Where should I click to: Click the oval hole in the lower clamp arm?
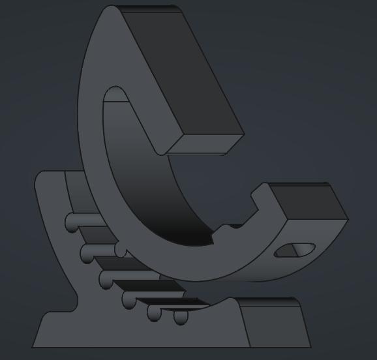(294, 250)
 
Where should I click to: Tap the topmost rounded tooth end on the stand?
(71, 224)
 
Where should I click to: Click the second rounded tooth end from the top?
(87, 252)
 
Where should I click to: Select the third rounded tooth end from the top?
(106, 280)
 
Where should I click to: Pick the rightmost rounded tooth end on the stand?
(181, 318)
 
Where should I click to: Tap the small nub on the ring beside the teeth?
(120, 249)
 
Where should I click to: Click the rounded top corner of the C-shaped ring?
(111, 12)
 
